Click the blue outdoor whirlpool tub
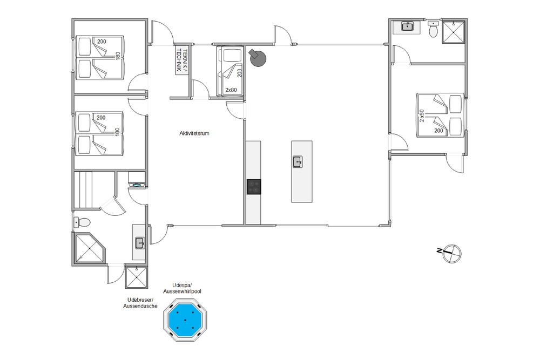click(x=185, y=320)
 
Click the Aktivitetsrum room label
click(x=194, y=133)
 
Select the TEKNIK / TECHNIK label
click(x=181, y=59)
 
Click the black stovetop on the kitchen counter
click(x=254, y=187)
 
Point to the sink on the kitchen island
click(x=298, y=162)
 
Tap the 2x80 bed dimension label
click(x=231, y=90)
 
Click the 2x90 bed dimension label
click(x=422, y=116)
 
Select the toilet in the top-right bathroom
click(x=433, y=29)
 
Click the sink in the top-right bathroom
click(x=408, y=26)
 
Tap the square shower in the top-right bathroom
click(x=454, y=32)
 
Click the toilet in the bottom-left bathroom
click(x=82, y=223)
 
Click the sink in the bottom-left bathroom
click(x=139, y=243)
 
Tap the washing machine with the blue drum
click(x=137, y=180)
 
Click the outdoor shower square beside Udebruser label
click(x=137, y=277)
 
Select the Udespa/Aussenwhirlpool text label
click(x=182, y=288)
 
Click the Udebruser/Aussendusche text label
click(x=140, y=303)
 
